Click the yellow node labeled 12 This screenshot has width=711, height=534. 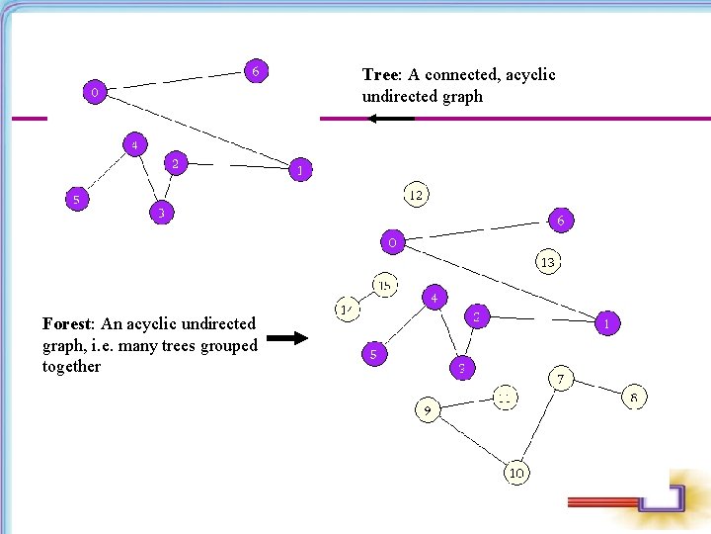[416, 195]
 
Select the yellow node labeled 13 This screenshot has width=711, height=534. [547, 262]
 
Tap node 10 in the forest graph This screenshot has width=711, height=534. [516, 473]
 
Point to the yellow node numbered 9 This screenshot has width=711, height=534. [427, 408]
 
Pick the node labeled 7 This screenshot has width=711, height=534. [560, 379]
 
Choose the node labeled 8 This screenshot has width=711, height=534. [634, 398]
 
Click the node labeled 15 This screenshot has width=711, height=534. [384, 285]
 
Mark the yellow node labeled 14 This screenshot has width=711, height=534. [347, 310]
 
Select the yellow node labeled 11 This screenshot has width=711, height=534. [505, 398]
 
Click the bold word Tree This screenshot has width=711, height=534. [378, 75]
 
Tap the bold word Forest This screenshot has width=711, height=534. [68, 323]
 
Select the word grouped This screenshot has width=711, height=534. [228, 345]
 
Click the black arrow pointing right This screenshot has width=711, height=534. [288, 338]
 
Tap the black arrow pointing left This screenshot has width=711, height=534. [389, 119]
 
